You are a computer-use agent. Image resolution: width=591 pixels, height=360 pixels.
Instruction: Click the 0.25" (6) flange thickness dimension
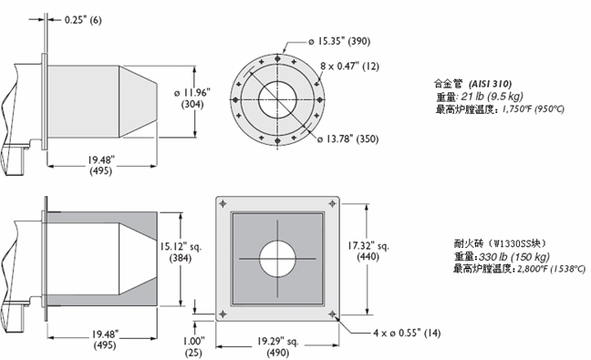(83, 19)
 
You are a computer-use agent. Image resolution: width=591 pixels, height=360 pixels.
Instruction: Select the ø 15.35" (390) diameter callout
(339, 41)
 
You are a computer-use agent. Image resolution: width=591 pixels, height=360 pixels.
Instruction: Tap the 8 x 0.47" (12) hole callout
(350, 67)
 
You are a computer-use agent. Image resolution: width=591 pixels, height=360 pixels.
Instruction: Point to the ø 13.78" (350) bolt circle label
(347, 139)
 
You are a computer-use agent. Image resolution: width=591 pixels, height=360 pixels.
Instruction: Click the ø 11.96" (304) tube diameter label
(192, 98)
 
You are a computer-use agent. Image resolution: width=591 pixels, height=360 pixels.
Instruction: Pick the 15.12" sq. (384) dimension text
(181, 252)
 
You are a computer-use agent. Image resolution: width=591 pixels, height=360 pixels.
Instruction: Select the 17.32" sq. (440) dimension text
(368, 251)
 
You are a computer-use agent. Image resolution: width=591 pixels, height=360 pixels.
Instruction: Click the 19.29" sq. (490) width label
(278, 347)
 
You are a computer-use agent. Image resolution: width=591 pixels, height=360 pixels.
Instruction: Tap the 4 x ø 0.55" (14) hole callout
(407, 333)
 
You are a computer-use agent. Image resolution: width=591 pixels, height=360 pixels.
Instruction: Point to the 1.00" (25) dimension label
(193, 347)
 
